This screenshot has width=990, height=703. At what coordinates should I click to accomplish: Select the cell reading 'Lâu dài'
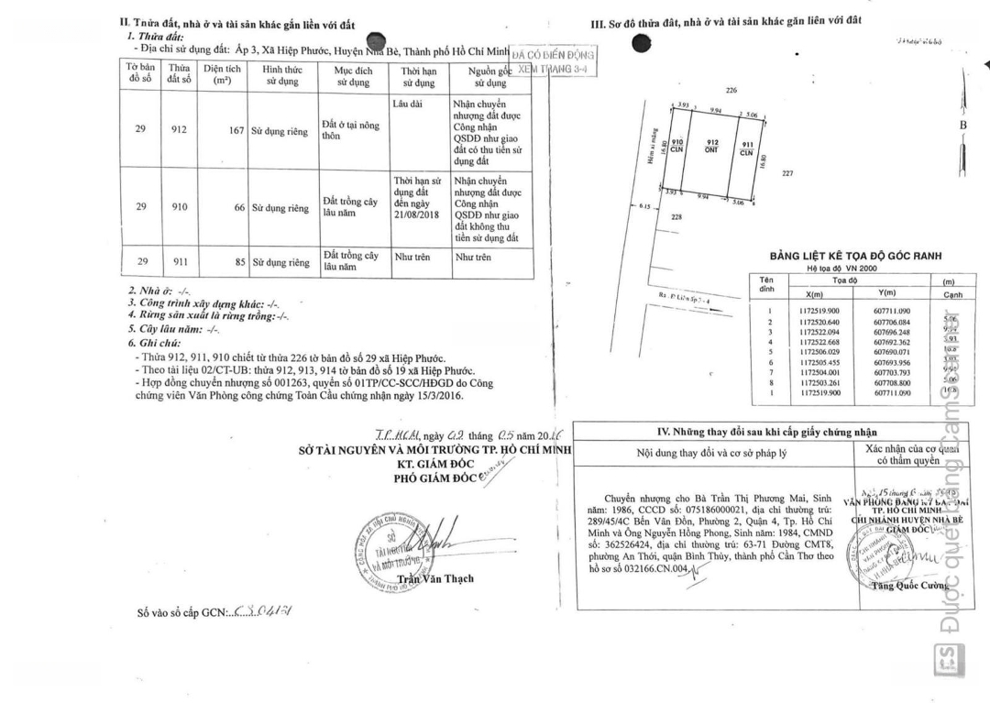[x=407, y=104]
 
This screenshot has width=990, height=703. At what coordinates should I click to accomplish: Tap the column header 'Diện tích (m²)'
[x=222, y=74]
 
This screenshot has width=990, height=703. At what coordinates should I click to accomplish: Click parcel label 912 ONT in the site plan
[x=712, y=146]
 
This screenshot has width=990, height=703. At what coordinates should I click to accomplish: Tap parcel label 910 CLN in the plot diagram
[x=677, y=146]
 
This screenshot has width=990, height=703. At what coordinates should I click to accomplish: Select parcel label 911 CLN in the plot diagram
[x=746, y=148]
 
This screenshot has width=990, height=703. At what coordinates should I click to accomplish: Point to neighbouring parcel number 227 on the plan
[x=787, y=172]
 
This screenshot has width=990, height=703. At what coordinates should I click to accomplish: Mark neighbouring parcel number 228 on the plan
[x=702, y=217]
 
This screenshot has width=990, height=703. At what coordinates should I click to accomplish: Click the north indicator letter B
[x=962, y=125]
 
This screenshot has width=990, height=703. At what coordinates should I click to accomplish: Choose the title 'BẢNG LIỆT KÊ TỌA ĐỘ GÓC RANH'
[x=855, y=257]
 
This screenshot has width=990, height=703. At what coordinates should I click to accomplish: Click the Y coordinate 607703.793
[x=892, y=372]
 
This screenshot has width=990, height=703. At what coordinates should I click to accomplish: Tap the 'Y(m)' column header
[x=885, y=293]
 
